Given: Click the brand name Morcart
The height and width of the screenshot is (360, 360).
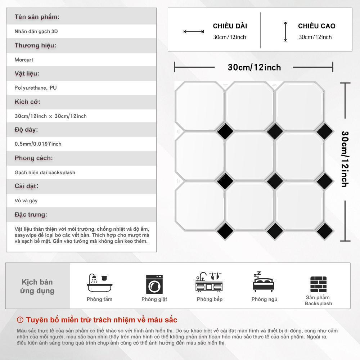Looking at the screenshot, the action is pyautogui.click(x=24, y=60).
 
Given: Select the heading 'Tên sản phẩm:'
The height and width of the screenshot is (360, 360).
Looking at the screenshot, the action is pyautogui.click(x=37, y=17).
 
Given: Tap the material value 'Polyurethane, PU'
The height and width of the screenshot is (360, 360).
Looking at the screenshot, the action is pyautogui.click(x=36, y=88).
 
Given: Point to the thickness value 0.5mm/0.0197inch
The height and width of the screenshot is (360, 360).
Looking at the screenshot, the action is pyautogui.click(x=38, y=144).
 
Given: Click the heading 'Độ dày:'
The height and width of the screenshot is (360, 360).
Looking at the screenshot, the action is pyautogui.click(x=26, y=130).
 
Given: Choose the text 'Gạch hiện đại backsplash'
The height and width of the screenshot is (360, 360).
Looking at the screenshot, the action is pyautogui.click(x=45, y=172).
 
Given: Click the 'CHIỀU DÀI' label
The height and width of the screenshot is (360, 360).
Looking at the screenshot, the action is pyautogui.click(x=230, y=26).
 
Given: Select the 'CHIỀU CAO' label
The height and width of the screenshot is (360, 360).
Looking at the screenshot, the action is pyautogui.click(x=316, y=26).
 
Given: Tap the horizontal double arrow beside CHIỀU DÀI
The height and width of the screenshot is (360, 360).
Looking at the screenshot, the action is pyautogui.click(x=194, y=32).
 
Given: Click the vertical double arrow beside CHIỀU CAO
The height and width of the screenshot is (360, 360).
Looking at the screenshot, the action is pyautogui.click(x=285, y=32).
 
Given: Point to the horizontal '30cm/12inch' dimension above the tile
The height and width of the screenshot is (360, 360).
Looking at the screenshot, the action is pyautogui.click(x=254, y=67).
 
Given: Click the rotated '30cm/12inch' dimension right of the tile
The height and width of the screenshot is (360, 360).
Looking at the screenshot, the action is pyautogui.click(x=345, y=159).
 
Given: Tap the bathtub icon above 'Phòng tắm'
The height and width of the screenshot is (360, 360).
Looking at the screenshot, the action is pyautogui.click(x=100, y=283).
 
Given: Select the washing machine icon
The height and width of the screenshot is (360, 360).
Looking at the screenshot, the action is pyautogui.click(x=154, y=284).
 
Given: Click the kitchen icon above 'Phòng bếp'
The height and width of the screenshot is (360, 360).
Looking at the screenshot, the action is pyautogui.click(x=209, y=282).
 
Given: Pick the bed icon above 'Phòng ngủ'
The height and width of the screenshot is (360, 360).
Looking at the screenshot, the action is pyautogui.click(x=264, y=282).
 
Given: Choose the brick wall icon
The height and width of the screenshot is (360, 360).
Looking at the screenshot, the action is pyautogui.click(x=318, y=284).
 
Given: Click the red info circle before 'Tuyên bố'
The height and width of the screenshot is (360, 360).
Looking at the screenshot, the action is pyautogui.click(x=20, y=320).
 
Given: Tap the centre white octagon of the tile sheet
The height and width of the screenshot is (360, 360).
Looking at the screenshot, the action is pyautogui.click(x=249, y=156).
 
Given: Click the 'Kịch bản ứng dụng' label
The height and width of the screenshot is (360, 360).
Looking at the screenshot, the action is pyautogui.click(x=37, y=286).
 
